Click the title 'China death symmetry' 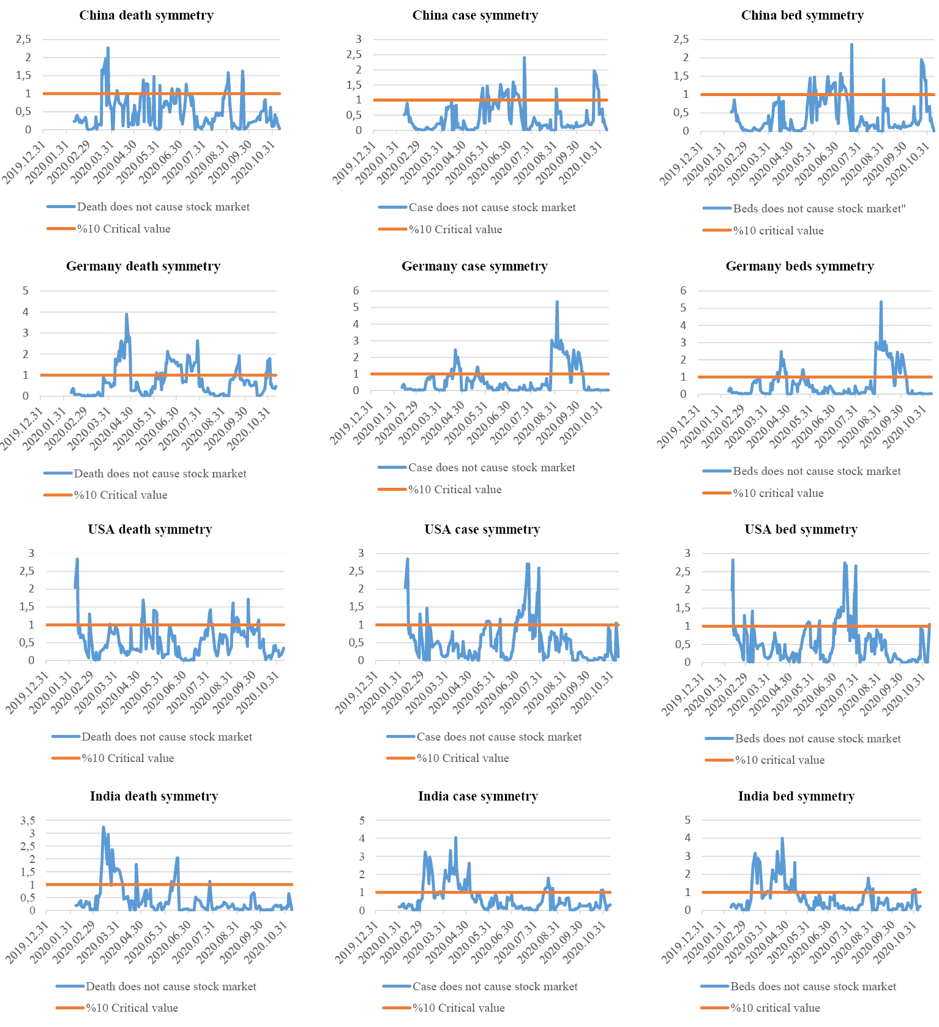146,15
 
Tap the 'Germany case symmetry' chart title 474,266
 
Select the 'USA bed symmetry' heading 801,529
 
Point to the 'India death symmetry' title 154,796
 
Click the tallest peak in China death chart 108,48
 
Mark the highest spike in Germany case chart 557,302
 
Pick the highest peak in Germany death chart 127,315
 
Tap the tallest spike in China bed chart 851,45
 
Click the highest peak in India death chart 103,827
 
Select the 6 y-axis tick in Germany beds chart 683,291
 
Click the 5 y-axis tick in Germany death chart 26,291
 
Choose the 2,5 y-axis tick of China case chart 354,54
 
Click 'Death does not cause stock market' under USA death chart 166,737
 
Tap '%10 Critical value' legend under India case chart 458,1008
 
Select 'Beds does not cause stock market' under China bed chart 819,209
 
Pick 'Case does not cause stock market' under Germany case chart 492,468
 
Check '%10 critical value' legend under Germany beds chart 778,493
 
